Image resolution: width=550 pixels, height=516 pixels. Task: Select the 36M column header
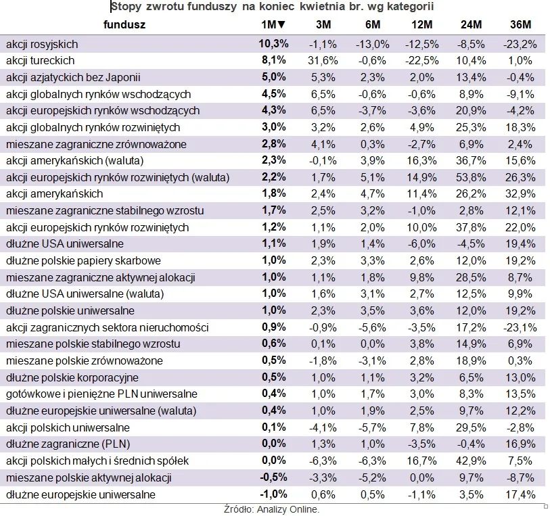click(x=520, y=25)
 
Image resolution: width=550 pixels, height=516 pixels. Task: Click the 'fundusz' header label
click(x=124, y=25)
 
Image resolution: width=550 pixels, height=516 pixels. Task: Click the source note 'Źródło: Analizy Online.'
click(x=271, y=509)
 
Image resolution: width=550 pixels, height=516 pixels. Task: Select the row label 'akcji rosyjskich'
click(x=42, y=44)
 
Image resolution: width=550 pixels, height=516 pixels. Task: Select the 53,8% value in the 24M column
click(x=471, y=177)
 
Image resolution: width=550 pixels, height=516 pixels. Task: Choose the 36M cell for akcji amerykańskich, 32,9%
click(x=520, y=194)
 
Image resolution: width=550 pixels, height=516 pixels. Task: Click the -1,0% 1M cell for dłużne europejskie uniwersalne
click(x=274, y=494)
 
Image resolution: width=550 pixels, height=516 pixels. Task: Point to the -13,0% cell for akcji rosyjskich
click(x=372, y=44)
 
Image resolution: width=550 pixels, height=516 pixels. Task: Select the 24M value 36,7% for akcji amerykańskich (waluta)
click(x=471, y=161)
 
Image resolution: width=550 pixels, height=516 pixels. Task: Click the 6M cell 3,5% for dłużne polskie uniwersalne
click(x=373, y=310)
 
